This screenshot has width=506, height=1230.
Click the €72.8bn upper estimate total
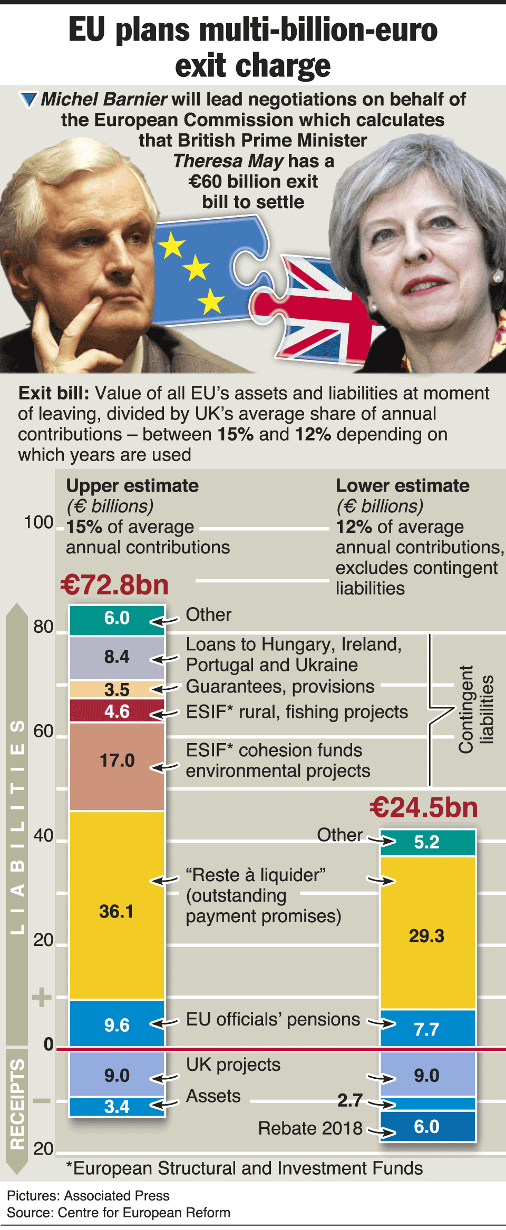click(114, 585)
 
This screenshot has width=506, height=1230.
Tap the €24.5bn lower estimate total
click(424, 807)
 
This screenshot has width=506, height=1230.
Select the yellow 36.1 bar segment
click(117, 904)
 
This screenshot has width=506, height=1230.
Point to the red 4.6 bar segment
click(117, 711)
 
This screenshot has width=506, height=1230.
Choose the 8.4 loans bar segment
click(117, 657)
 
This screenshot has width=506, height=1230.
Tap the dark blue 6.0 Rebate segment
click(427, 1126)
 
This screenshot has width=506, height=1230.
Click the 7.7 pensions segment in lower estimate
click(427, 1029)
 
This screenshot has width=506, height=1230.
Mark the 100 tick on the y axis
click(38, 522)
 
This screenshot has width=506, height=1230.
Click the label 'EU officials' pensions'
click(273, 1019)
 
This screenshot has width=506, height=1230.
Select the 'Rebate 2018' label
click(310, 1128)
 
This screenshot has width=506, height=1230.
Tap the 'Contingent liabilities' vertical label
click(475, 709)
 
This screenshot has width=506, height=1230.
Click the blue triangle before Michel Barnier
click(28, 99)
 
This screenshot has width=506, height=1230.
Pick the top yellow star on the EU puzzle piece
click(172, 246)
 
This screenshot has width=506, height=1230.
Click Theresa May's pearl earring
click(497, 276)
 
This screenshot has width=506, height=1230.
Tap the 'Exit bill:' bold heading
click(54, 393)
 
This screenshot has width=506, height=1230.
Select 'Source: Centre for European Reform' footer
click(119, 1213)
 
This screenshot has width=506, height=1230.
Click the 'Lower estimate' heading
click(403, 485)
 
